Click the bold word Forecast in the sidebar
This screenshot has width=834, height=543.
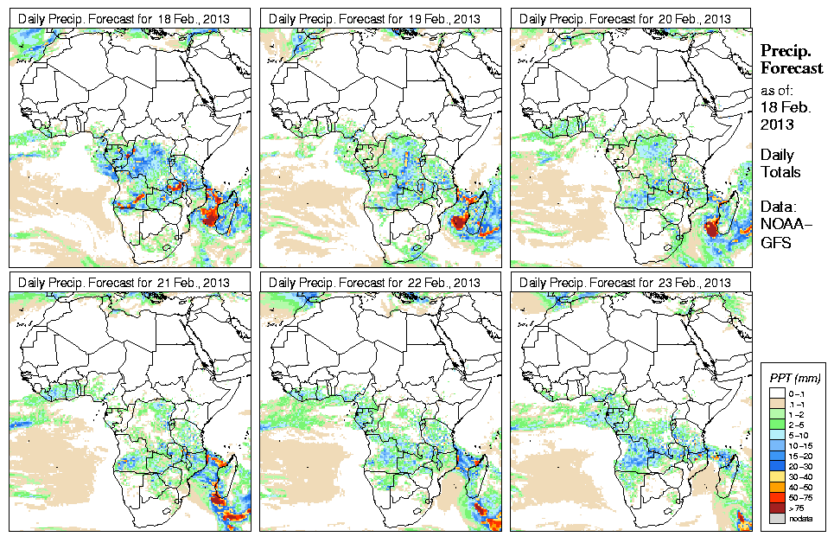pyautogui.click(x=792, y=69)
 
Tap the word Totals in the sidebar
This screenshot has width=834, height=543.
pyautogui.click(x=780, y=172)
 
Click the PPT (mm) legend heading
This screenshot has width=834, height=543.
pyautogui.click(x=795, y=378)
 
